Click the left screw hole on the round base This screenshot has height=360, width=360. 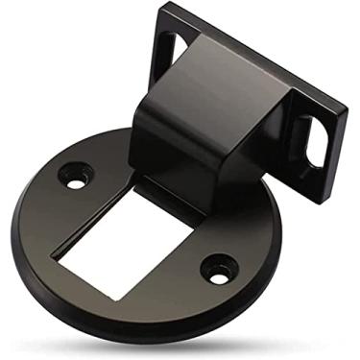coord(74,176)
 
